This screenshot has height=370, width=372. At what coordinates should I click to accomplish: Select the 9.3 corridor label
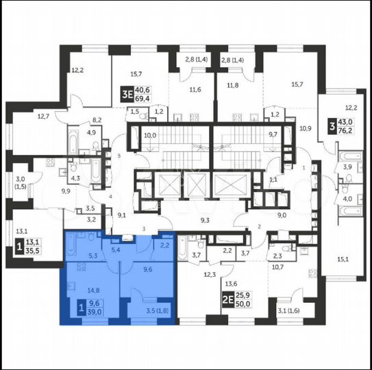coord(205,220)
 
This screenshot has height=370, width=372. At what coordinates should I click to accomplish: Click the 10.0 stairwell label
coord(150,136)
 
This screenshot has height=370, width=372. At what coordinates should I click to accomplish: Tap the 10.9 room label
coord(306,127)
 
